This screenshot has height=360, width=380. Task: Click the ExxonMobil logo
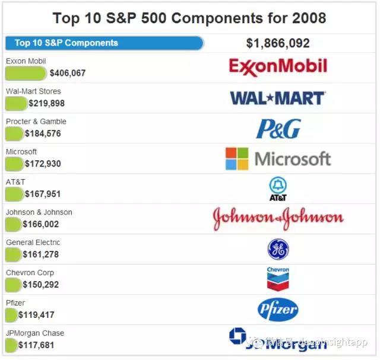coord(278,66)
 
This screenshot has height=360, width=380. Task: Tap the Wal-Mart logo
coord(277,98)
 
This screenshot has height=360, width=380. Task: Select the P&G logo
coord(278,129)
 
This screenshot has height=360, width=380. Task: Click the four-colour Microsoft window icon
coord(237,158)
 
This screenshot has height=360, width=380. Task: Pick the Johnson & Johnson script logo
coord(278,219)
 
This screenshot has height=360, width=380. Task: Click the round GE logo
coord(278,250)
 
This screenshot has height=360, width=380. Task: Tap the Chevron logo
coord(278,279)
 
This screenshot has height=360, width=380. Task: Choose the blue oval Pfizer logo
coord(278,310)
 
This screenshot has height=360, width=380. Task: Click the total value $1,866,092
coord(278,43)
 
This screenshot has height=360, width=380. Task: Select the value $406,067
coord(68,74)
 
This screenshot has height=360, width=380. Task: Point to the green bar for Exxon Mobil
coord(26,74)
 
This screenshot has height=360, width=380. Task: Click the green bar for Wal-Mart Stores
coord(16,104)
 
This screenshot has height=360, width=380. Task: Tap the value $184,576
coord(45,134)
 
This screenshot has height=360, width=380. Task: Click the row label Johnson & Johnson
coord(39,212)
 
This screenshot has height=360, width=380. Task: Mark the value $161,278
coord(41,254)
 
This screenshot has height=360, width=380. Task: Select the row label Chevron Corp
coord(30,273)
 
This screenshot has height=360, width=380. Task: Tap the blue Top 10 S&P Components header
coord(104,43)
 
